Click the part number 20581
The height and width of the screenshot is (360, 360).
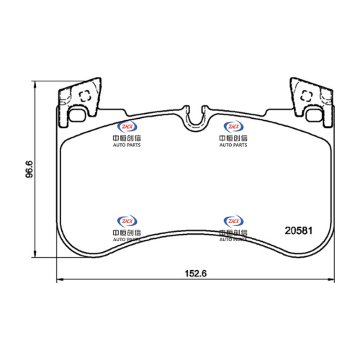point(299,230)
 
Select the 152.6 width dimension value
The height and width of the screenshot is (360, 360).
point(196,274)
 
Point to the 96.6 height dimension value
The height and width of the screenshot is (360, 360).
point(30,169)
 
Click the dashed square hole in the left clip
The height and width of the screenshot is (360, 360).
point(85,96)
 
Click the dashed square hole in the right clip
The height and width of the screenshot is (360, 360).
point(306,96)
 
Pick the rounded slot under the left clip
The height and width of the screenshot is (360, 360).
point(77,115)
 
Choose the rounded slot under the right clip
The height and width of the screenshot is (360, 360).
point(314,115)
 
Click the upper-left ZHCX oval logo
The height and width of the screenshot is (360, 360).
point(127,127)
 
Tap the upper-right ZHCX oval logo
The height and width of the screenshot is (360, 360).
point(233,127)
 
